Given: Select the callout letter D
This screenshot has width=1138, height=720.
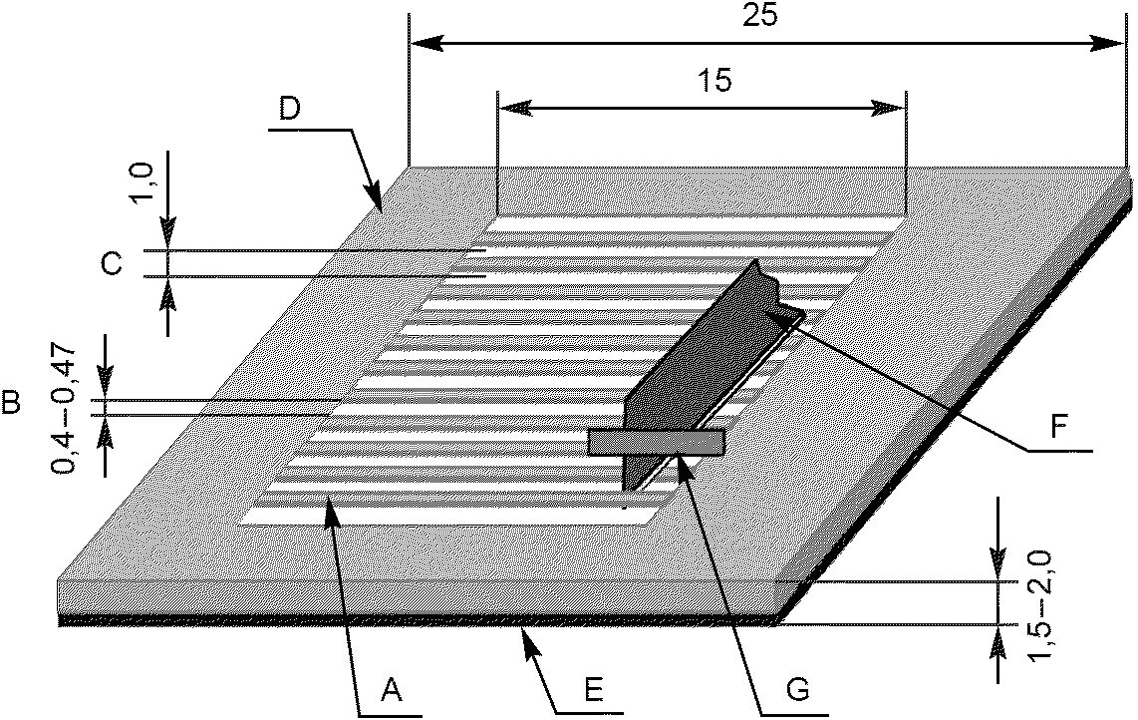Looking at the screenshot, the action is pyautogui.click(x=290, y=109).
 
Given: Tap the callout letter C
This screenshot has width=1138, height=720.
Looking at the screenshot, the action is pyautogui.click(x=112, y=263).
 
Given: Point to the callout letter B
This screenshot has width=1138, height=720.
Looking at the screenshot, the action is pyautogui.click(x=12, y=405).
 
